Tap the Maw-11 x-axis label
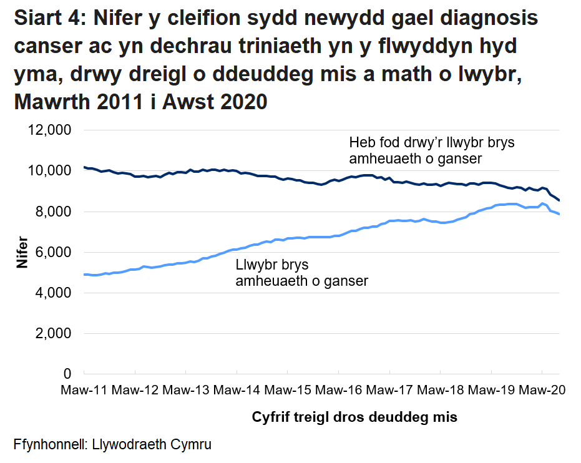(x=84, y=391)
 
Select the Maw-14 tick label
(x=237, y=391)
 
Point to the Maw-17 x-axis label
(x=389, y=391)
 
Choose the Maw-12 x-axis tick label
(x=135, y=391)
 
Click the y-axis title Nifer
(x=22, y=252)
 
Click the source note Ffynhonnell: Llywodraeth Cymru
(x=112, y=445)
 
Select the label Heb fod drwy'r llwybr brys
(x=432, y=142)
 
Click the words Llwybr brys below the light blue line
(x=272, y=265)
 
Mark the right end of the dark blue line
(x=559, y=200)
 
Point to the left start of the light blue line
(x=84, y=275)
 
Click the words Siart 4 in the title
(x=47, y=19)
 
